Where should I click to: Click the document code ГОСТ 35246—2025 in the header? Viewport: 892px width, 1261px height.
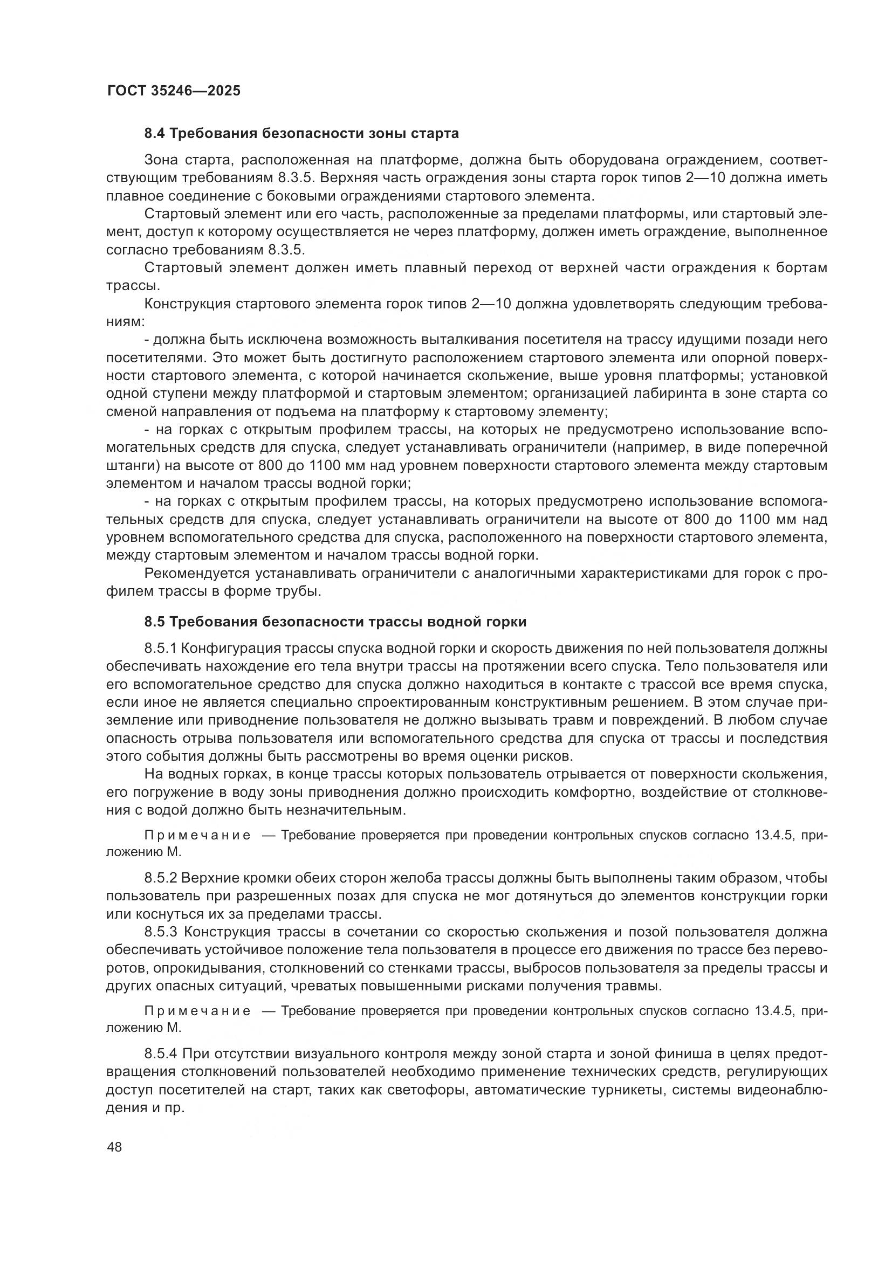point(174,91)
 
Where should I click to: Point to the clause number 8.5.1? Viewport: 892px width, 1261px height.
point(160,649)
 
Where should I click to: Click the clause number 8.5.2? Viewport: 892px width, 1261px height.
point(160,878)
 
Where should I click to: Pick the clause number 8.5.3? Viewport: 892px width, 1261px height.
point(161,932)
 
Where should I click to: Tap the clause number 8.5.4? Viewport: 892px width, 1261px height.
point(161,1054)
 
